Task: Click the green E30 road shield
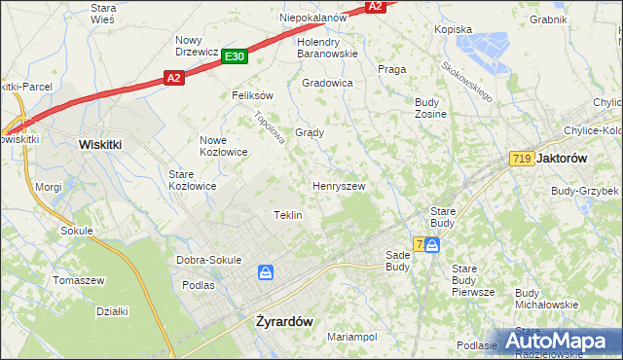234,57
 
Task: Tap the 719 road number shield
521,158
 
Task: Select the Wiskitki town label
99,143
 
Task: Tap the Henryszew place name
339,185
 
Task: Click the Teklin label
287,215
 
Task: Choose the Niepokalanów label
313,18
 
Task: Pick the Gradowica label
327,83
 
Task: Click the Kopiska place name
453,29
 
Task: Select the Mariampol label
351,337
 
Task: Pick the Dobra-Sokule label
208,260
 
